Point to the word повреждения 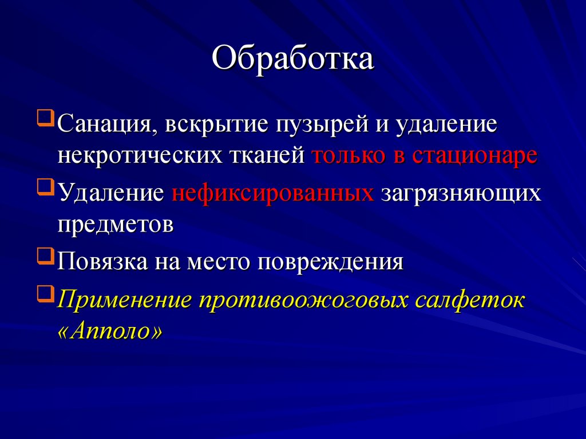[x=330, y=262]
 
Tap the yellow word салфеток [x=468, y=300]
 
